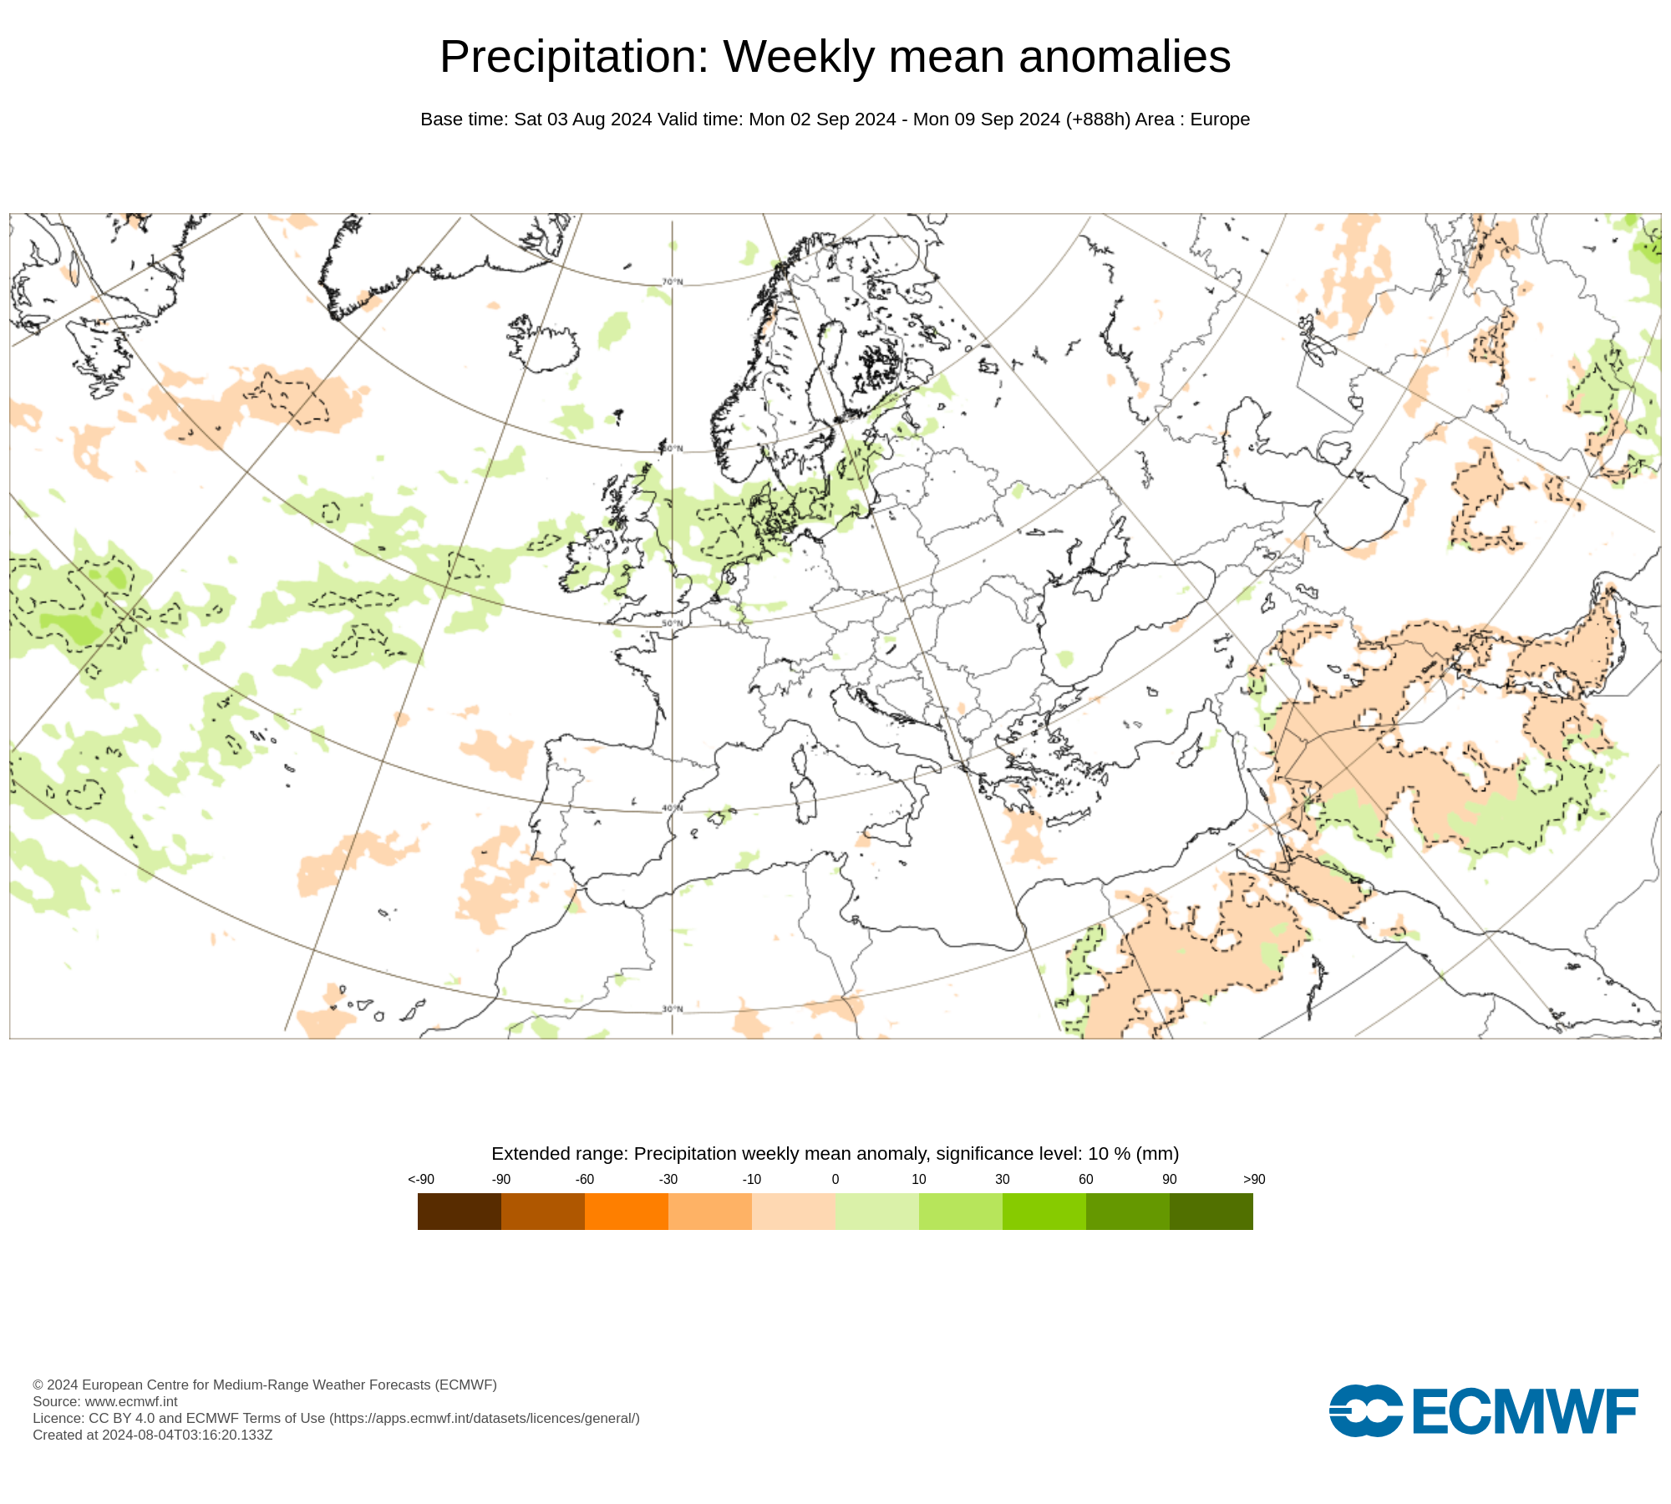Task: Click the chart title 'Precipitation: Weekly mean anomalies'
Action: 835,57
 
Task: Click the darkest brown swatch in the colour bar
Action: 459,1211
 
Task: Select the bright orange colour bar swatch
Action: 626,1211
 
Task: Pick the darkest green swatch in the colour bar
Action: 1211,1211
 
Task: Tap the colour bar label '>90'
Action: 1253,1179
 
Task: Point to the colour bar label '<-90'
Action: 421,1179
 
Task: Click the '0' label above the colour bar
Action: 835,1179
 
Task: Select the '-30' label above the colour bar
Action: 668,1179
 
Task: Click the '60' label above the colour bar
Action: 1085,1179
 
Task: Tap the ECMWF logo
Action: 1483,1411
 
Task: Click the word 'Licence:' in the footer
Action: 58,1418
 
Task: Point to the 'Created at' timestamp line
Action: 152,1435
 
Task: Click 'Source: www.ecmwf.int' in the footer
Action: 105,1401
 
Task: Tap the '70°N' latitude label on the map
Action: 673,282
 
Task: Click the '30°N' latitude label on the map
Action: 673,1009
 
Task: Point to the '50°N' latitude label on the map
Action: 673,623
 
